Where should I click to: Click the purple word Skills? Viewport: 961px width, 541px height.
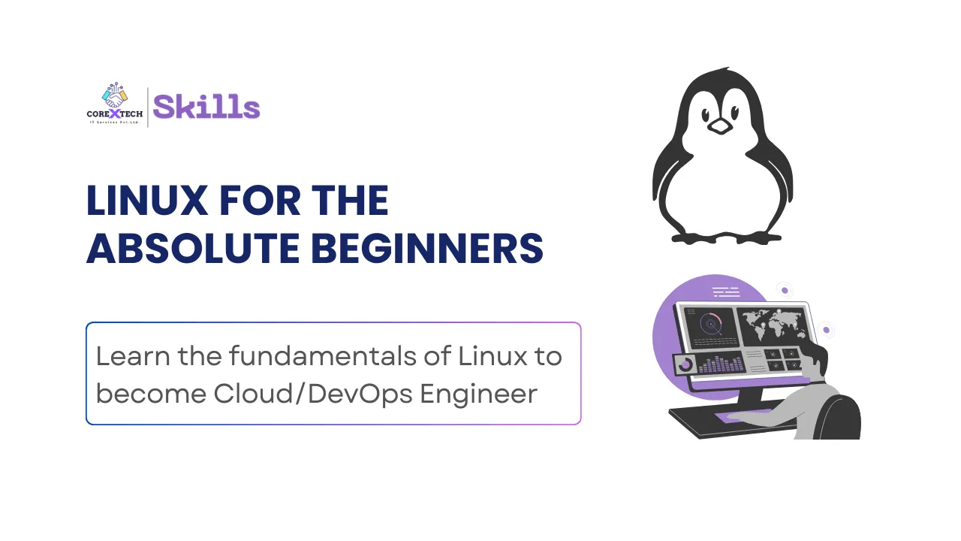(x=206, y=107)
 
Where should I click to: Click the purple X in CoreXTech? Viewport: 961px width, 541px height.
(x=115, y=113)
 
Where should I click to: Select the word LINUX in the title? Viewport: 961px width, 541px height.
(x=147, y=200)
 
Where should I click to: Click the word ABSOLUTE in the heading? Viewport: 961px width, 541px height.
(x=193, y=248)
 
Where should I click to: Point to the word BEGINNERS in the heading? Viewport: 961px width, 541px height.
(x=427, y=248)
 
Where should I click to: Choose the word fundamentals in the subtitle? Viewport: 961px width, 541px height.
(x=323, y=356)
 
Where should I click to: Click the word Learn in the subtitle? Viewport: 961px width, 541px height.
(x=133, y=356)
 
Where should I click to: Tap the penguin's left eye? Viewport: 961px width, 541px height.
(x=706, y=115)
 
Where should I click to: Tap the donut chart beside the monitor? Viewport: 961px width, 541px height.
(x=685, y=364)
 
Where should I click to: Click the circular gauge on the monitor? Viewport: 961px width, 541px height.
(x=710, y=324)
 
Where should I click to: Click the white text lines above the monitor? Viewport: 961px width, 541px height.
(x=726, y=292)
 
